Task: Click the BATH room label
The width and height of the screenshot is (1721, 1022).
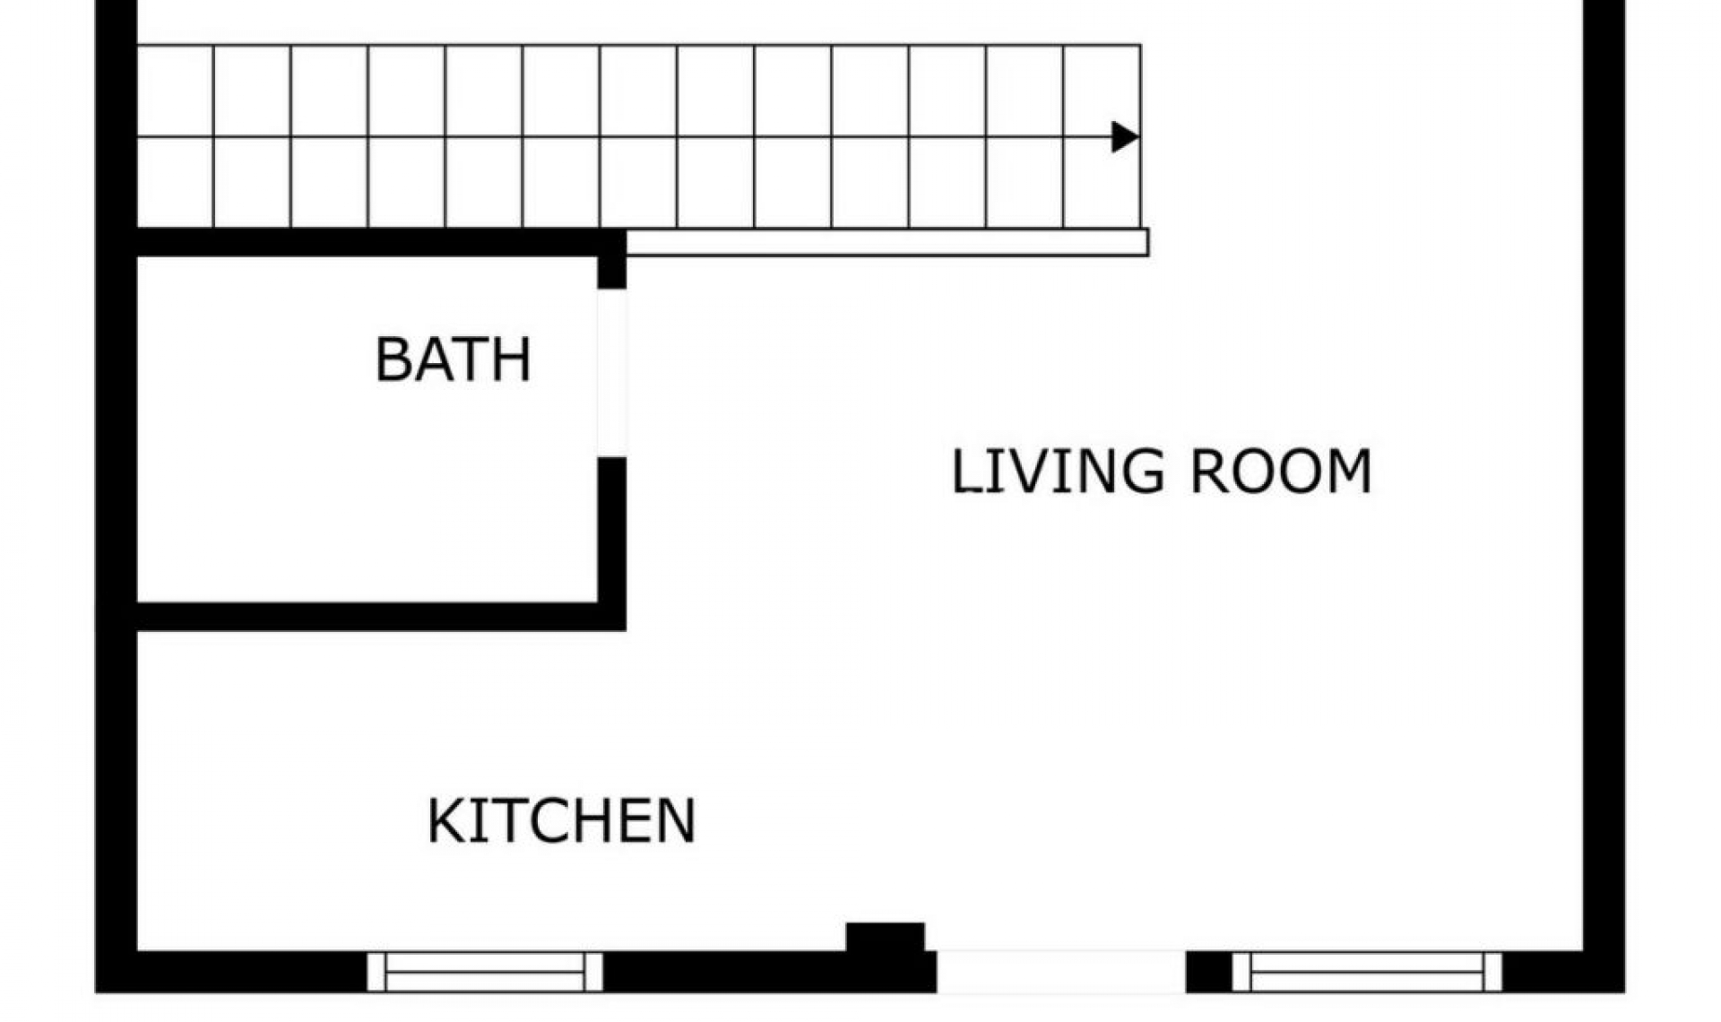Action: click(453, 359)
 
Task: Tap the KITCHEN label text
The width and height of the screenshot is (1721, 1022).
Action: click(561, 820)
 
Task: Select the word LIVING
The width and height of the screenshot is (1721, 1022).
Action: click(1057, 472)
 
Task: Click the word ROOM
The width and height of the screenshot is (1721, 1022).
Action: click(1281, 472)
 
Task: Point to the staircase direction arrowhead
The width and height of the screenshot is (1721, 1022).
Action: click(1124, 137)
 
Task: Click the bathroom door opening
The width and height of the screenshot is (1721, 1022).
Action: click(612, 372)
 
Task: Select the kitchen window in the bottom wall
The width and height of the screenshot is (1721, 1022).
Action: click(485, 973)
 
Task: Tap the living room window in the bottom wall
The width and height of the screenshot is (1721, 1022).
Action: click(1367, 973)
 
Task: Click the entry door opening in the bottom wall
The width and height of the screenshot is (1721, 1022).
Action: click(1061, 973)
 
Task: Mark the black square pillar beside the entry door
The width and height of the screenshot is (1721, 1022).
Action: click(886, 938)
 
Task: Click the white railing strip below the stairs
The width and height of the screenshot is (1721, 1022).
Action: click(887, 242)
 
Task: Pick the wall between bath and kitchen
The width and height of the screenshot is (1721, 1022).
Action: click(368, 617)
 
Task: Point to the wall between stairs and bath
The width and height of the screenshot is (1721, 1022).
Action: click(368, 242)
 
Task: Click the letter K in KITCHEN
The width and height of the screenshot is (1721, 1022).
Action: click(445, 820)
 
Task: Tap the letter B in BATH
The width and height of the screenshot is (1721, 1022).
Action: click(393, 359)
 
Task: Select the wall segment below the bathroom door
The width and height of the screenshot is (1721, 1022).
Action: click(612, 538)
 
